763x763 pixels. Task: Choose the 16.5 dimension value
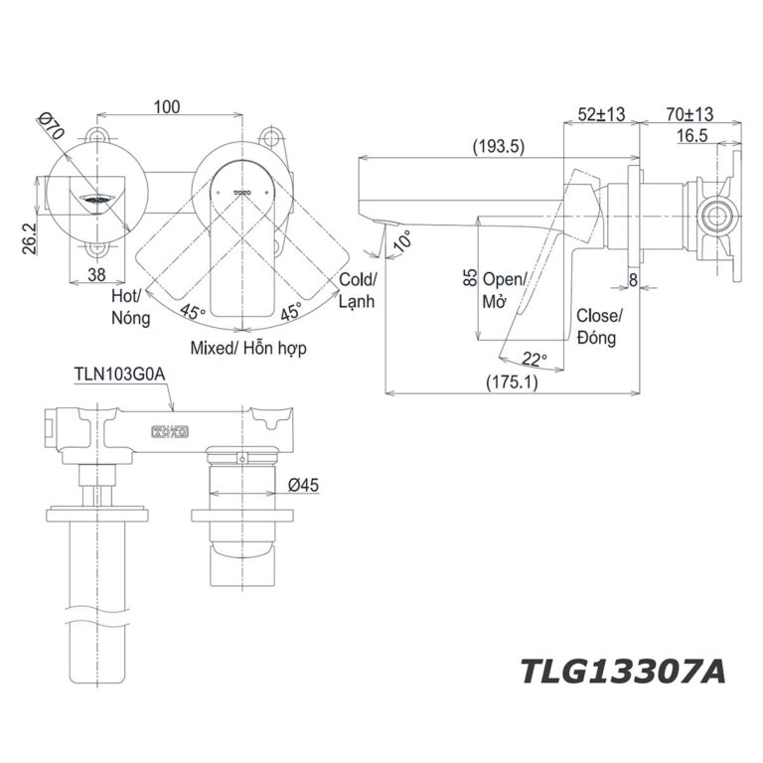tap(691, 137)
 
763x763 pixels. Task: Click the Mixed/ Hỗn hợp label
tap(248, 348)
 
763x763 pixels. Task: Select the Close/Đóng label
tap(599, 327)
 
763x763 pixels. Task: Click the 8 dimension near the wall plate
tap(634, 281)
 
